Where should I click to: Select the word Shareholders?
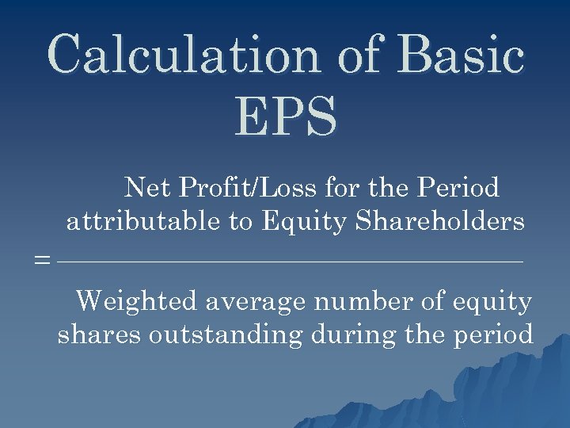[440, 221]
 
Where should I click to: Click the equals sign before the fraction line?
[43, 260]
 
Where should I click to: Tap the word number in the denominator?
[361, 301]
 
